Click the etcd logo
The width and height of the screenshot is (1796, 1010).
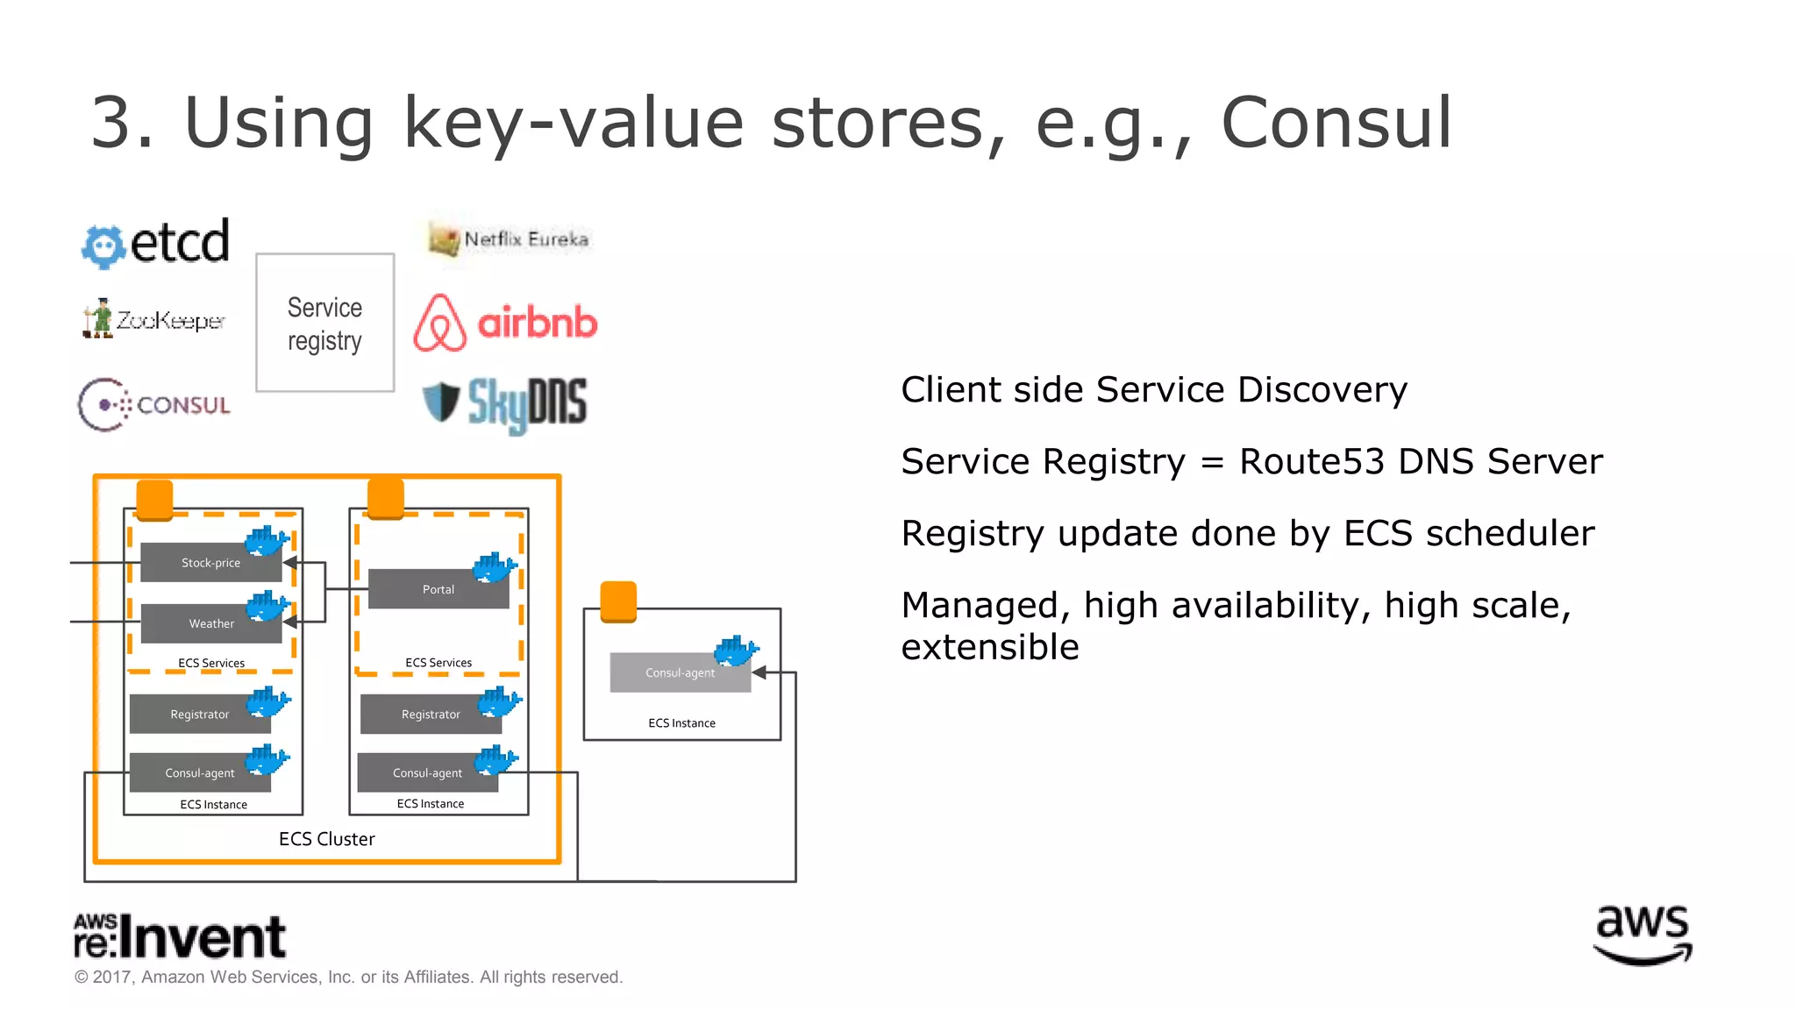click(x=156, y=243)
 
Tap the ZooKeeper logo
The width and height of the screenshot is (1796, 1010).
click(x=154, y=319)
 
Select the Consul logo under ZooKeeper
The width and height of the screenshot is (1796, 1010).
click(x=154, y=405)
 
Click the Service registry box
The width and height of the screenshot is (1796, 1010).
click(x=324, y=323)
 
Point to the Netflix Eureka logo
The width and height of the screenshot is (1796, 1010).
click(x=509, y=238)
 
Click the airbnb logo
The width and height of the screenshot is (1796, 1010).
click(x=505, y=323)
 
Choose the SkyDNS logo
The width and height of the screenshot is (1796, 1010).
click(x=505, y=404)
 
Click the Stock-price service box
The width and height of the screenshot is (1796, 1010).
click(x=210, y=563)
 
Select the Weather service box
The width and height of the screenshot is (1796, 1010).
click(x=210, y=623)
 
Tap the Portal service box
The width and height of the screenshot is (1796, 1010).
click(x=438, y=589)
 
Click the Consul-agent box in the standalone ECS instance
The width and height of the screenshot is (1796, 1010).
click(x=680, y=672)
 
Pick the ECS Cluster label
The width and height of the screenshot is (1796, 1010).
click(x=326, y=839)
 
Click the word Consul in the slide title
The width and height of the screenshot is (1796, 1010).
click(x=1336, y=123)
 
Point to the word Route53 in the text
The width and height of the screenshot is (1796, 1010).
click(x=1311, y=461)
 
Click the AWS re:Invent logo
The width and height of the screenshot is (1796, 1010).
click(x=180, y=935)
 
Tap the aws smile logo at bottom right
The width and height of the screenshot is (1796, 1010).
click(x=1642, y=935)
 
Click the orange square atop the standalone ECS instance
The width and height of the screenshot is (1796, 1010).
click(x=618, y=601)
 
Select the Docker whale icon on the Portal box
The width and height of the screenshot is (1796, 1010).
click(x=494, y=568)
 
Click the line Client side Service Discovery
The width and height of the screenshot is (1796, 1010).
click(x=1153, y=389)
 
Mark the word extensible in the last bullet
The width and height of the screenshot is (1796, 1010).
click(x=989, y=647)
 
